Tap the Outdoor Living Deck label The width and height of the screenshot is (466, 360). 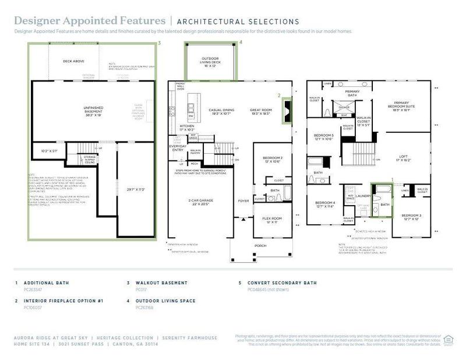click(210, 61)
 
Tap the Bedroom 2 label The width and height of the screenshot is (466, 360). click(272, 160)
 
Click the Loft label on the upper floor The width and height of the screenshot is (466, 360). click(404, 157)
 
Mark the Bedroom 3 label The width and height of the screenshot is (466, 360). click(411, 217)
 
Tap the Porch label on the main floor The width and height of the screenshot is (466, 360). click(260, 246)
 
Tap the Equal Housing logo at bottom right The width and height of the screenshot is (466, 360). click(449, 340)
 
